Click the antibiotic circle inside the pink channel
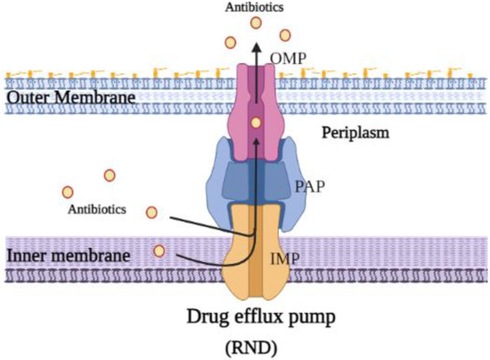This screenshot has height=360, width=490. click(256, 122)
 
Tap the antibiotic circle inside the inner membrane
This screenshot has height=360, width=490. click(159, 251)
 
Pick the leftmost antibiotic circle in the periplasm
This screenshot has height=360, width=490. click(67, 192)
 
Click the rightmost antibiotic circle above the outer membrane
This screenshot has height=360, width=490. click(285, 35)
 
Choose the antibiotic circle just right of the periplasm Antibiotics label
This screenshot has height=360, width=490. click(151, 212)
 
